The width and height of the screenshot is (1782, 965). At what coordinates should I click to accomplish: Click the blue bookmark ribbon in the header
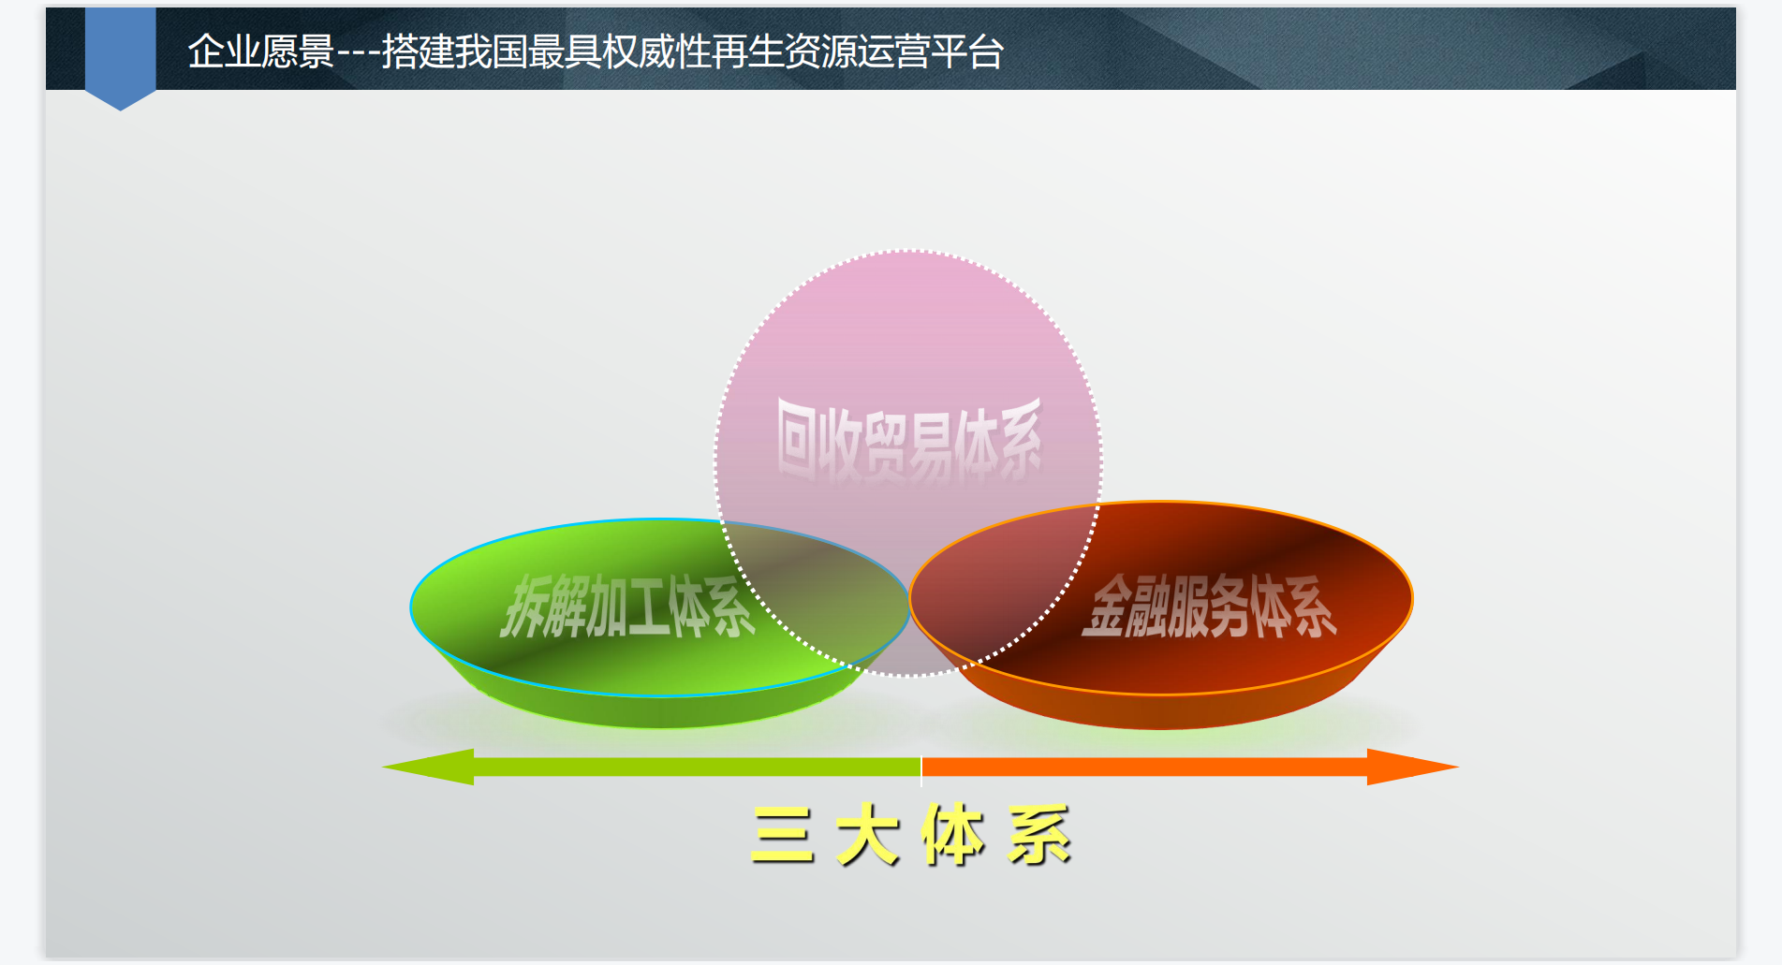(x=120, y=56)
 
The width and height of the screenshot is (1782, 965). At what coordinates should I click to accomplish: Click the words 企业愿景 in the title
(x=261, y=51)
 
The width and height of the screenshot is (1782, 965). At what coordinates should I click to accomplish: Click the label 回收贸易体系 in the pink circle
(x=908, y=438)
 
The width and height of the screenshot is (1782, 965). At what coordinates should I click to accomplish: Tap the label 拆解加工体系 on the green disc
(x=627, y=607)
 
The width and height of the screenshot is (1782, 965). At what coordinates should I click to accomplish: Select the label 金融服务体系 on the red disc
(x=1209, y=607)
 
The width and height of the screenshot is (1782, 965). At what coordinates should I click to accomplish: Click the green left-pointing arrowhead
(x=428, y=767)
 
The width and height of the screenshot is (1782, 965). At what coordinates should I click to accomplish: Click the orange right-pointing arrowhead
(x=1412, y=767)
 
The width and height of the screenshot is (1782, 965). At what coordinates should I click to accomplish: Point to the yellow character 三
(x=782, y=835)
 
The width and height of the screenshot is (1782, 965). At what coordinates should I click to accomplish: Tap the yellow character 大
(x=868, y=835)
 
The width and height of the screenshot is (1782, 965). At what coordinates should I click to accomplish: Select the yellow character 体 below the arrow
(x=953, y=835)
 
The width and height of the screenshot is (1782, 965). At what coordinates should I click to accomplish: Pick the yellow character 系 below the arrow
(x=1039, y=835)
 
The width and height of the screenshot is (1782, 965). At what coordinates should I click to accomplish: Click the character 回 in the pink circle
(x=796, y=438)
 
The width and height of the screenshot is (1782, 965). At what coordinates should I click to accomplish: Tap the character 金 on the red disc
(x=1105, y=607)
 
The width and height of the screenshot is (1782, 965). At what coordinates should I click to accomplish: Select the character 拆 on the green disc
(x=522, y=607)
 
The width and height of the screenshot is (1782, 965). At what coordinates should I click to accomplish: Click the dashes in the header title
(x=359, y=53)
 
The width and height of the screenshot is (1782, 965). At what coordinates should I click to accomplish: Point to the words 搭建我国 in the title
(x=454, y=51)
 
